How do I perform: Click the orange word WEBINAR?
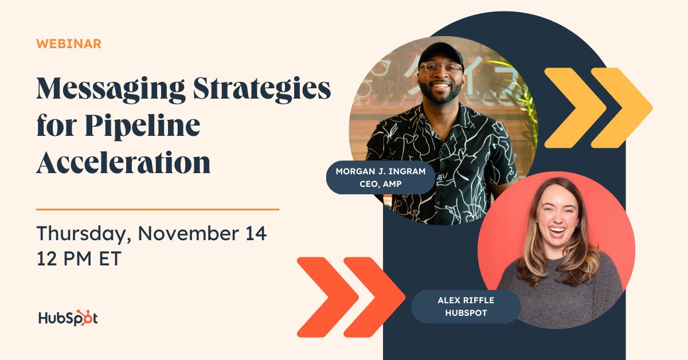(69, 44)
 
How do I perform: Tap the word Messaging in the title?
(111, 89)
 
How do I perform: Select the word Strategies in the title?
(262, 89)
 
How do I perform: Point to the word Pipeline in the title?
(143, 127)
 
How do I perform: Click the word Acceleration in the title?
(123, 162)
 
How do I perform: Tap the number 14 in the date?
(256, 233)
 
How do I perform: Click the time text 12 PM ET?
(79, 259)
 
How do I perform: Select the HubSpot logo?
(68, 318)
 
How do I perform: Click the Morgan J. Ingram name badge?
(381, 177)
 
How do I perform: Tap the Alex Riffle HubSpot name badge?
(466, 307)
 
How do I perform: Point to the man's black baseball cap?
(441, 53)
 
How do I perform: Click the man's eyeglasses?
(441, 68)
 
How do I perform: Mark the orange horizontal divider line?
(158, 209)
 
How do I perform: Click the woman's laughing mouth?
(557, 231)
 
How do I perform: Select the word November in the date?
(189, 233)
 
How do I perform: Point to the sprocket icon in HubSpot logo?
(83, 318)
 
